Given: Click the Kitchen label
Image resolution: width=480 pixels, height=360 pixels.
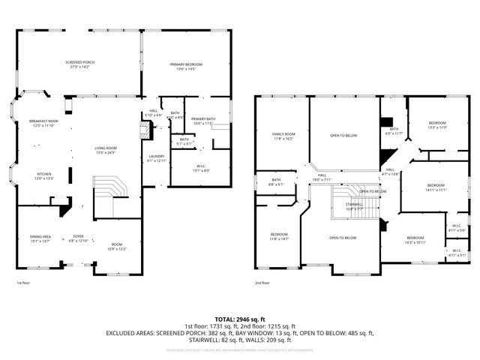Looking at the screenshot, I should (44, 176).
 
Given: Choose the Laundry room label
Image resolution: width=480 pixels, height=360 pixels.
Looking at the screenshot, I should (155, 158).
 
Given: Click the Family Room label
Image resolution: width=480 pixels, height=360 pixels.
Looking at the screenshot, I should (283, 136).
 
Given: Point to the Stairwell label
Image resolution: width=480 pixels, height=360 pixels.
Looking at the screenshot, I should (354, 205).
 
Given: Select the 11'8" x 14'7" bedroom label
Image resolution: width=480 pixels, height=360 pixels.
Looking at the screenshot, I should (278, 236).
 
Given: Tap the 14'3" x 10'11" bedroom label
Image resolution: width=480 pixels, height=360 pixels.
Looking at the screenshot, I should (415, 240).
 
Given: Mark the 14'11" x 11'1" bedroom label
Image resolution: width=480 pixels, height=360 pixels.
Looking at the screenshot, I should (436, 187).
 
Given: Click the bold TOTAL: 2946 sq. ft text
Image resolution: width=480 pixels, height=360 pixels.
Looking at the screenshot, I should (239, 319).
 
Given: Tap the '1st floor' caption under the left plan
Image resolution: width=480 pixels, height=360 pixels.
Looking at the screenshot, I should (23, 283).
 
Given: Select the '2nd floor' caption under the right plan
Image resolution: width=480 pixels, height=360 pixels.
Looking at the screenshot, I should (262, 283).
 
